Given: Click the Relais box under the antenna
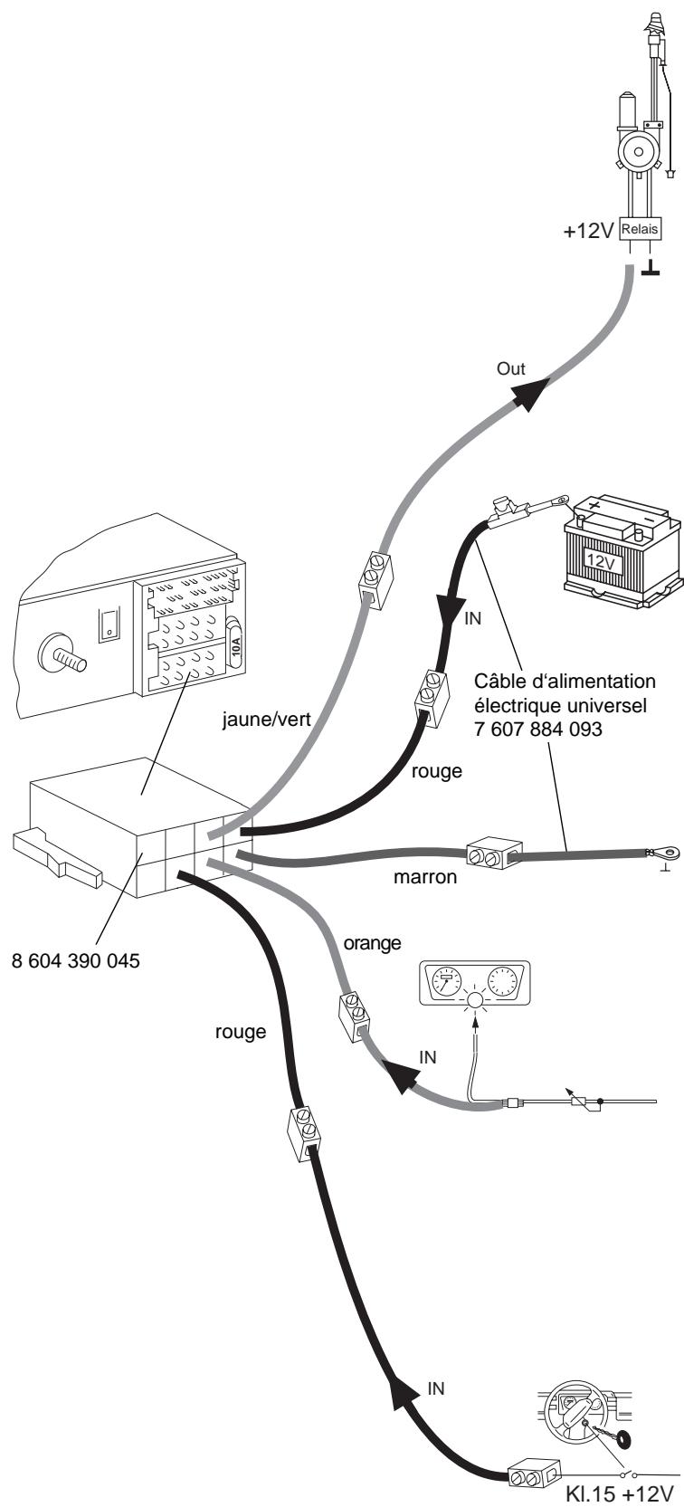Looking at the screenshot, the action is (x=640, y=229).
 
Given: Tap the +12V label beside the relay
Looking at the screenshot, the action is (x=588, y=232).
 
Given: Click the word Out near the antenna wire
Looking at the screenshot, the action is (x=510, y=368).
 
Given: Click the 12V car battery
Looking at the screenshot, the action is (x=622, y=552).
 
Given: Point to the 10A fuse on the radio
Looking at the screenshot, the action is (x=234, y=644).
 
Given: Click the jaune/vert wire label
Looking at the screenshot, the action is (x=267, y=720).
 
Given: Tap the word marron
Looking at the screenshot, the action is (x=425, y=877).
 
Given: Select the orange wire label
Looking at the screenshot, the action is (x=372, y=944).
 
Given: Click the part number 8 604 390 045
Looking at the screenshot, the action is (x=76, y=960).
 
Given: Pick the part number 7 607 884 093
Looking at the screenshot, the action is (x=538, y=729).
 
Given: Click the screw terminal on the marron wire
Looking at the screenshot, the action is (x=494, y=855).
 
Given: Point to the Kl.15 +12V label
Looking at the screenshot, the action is (x=619, y=1495).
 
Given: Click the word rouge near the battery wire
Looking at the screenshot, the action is (x=436, y=772).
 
